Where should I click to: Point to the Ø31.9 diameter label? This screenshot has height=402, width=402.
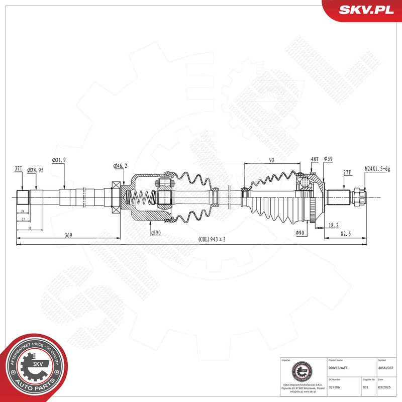pos(59,160)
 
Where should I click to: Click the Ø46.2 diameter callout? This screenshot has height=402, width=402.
pos(120,165)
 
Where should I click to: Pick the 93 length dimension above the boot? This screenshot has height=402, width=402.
pos(271,160)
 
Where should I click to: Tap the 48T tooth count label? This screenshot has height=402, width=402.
pos(315,159)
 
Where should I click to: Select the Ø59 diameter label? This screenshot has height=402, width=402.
pos(329,159)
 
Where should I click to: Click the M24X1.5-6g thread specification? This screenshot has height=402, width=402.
pos(377,169)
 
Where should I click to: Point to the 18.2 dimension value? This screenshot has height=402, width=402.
pos(332,226)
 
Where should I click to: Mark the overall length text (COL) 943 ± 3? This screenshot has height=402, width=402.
pos(212,240)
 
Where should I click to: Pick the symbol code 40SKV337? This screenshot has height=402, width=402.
pos(386,368)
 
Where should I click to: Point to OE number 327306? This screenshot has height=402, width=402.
pos(335,387)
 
